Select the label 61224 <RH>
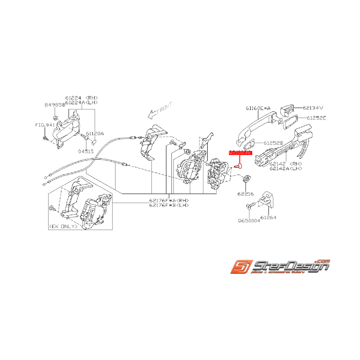pos(81,98)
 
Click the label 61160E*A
pos(258,108)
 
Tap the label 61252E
pos(316,118)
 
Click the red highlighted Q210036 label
pos(241,153)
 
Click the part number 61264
pos(268,217)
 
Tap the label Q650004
pos(249,222)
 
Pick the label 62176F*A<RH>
pos(169,200)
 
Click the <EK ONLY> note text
pos(62,227)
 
